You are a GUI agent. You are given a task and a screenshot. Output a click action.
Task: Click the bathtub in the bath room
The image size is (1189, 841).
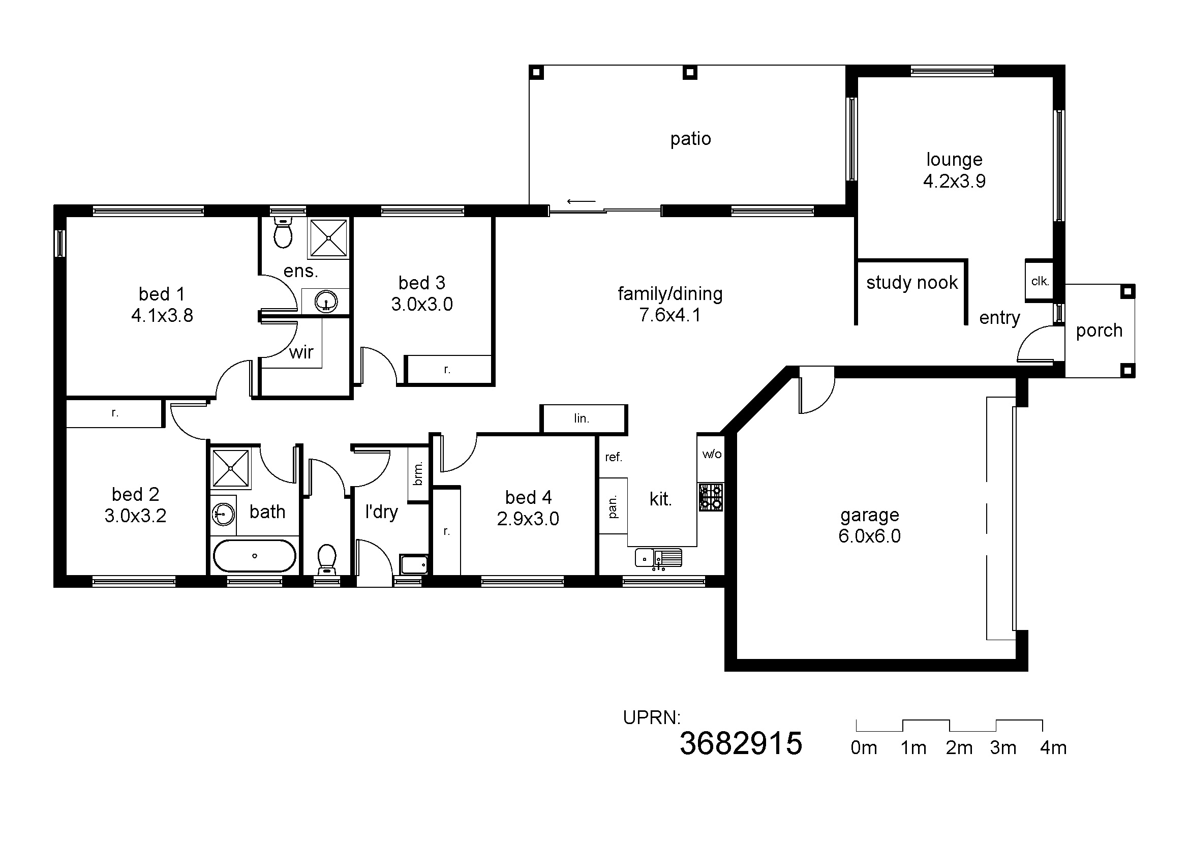(x=254, y=556)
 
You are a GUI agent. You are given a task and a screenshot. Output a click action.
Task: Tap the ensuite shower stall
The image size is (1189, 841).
(x=328, y=237)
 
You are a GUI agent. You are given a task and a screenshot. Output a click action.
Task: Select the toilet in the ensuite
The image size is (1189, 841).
(x=283, y=232)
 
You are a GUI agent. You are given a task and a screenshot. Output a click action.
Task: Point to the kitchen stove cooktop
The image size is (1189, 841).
(x=711, y=497)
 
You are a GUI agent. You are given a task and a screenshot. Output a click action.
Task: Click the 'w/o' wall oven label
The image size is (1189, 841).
(x=712, y=454)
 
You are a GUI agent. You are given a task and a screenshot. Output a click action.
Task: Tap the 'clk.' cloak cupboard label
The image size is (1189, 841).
(x=1040, y=281)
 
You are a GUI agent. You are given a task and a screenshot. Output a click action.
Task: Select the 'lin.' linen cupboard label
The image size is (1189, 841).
(x=582, y=418)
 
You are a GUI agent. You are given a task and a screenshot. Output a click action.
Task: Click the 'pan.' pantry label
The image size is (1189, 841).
(x=613, y=506)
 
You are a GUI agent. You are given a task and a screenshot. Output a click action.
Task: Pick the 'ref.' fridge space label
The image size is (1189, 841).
(x=613, y=457)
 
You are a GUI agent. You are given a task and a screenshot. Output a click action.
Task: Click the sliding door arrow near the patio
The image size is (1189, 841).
(x=581, y=201)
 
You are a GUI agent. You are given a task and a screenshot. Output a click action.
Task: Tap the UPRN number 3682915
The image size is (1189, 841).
(x=741, y=744)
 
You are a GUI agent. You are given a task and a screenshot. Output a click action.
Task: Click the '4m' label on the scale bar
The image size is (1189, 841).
(x=1053, y=748)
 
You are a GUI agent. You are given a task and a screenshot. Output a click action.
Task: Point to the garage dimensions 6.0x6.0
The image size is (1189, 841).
(x=869, y=536)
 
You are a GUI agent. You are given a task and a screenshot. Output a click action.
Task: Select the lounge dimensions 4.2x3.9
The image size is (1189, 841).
(x=955, y=181)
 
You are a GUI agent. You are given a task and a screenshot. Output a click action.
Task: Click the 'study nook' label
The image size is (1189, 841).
(x=912, y=282)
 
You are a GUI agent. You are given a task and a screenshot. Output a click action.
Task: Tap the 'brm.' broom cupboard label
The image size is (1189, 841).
(x=418, y=473)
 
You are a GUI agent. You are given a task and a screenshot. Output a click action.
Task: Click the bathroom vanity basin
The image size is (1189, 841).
(x=223, y=514)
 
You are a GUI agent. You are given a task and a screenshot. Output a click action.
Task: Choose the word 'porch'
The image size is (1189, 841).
(x=1099, y=331)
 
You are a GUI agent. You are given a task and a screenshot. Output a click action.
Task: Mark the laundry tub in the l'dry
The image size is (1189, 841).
(x=414, y=563)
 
